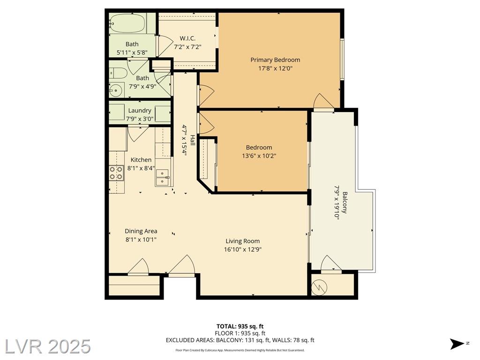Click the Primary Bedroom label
275,60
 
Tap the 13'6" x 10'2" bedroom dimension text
259,156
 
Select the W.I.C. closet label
187,38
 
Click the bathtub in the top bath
127,23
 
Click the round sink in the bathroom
116,90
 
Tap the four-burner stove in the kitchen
116,173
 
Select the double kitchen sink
163,178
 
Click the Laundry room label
140,111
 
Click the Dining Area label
141,231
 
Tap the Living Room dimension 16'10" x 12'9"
243,249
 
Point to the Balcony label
345,202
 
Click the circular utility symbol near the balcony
319,287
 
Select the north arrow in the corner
457,344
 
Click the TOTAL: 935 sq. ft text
240,326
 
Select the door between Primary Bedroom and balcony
324,101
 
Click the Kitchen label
141,160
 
